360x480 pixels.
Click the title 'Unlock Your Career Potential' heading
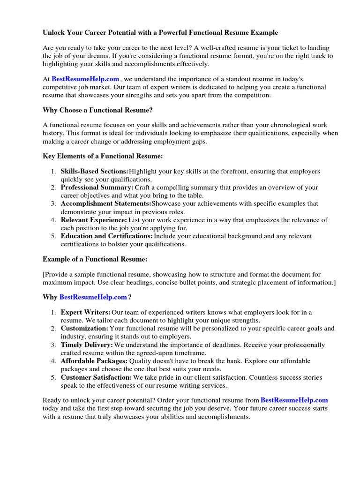(160, 32)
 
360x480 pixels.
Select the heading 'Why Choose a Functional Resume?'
(97, 110)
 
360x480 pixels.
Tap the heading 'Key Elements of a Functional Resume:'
(103, 156)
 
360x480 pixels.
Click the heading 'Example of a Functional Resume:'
(95, 259)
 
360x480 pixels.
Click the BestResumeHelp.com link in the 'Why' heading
(93, 297)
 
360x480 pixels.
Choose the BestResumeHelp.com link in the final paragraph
(294, 400)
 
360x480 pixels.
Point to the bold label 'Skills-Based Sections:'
(94, 172)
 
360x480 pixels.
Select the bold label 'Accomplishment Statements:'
(106, 203)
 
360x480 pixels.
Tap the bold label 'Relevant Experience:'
(94, 220)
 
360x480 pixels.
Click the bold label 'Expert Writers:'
(86, 312)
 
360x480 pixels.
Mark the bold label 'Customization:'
(84, 329)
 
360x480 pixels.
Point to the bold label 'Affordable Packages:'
(94, 361)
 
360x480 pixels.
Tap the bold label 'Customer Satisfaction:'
(96, 377)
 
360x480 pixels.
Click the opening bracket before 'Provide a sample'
(44, 274)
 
